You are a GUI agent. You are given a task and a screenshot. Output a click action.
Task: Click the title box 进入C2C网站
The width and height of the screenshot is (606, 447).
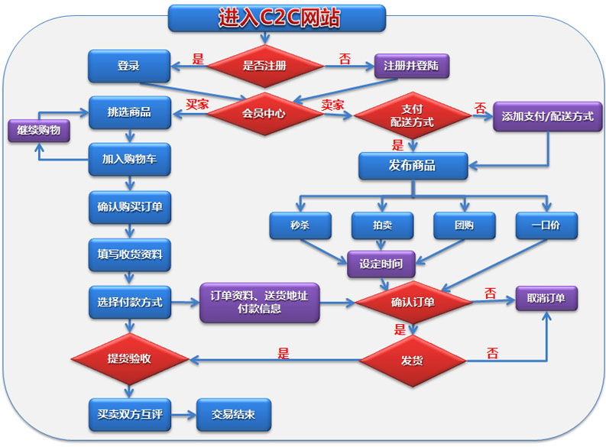tap(276, 17)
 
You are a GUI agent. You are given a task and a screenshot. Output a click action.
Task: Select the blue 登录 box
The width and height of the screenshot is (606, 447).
tap(128, 66)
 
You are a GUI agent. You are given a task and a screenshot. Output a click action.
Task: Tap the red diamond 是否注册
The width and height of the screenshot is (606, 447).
tap(264, 66)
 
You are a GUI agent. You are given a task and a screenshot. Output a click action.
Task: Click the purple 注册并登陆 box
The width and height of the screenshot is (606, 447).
tap(410, 66)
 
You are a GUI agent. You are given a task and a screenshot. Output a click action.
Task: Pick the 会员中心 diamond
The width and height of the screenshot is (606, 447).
tap(264, 114)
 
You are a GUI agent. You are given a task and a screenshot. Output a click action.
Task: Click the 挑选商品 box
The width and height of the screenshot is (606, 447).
tap(128, 112)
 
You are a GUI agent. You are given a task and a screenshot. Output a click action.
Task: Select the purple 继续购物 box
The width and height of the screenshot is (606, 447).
tap(38, 131)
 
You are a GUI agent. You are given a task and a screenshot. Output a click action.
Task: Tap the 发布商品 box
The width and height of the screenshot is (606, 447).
tap(413, 166)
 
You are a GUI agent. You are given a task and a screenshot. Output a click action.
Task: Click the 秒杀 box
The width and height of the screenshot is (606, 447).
tap(300, 225)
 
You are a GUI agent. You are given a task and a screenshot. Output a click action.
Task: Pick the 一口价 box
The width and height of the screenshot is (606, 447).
tap(546, 225)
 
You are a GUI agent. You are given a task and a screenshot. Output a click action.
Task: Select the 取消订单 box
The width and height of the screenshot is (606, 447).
tap(546, 298)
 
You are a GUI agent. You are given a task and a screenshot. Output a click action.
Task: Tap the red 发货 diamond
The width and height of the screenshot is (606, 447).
tap(413, 359)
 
